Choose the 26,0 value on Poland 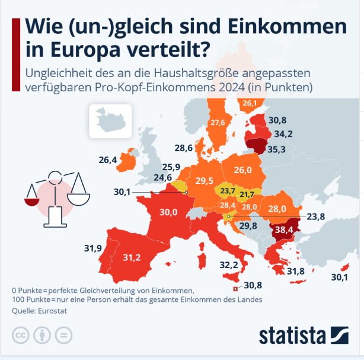242,170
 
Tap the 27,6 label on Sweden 218,123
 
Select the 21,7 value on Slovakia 247,194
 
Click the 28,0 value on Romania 277,209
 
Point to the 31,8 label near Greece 296,272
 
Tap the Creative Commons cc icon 21,334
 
